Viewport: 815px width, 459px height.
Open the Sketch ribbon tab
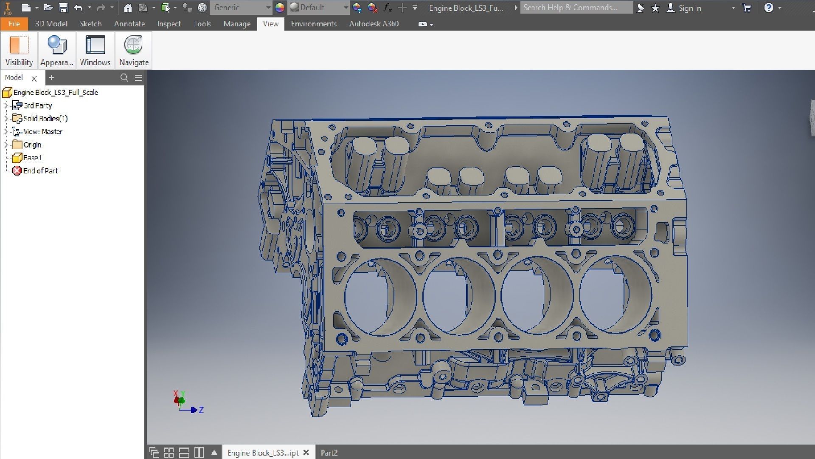(90, 24)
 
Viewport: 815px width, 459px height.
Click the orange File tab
(14, 24)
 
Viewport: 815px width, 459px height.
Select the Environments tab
(313, 24)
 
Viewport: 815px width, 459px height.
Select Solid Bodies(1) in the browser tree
(45, 119)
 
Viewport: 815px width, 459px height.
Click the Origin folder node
(32, 145)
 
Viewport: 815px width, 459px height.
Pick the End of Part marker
(40, 171)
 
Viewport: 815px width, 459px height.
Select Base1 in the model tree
(33, 158)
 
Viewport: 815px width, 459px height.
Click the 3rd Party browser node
(38, 106)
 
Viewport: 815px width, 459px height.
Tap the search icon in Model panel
(124, 77)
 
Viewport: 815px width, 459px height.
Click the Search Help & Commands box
(576, 8)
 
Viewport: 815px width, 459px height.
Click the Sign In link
(689, 8)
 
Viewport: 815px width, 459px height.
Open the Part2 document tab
(329, 453)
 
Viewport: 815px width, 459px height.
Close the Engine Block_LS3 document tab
(306, 453)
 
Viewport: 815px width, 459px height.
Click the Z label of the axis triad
(201, 410)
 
